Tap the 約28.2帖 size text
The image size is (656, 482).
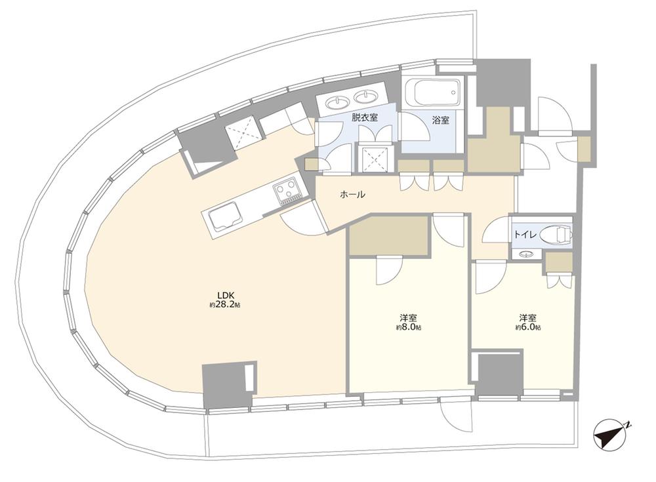click(x=225, y=306)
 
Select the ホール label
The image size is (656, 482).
click(x=353, y=195)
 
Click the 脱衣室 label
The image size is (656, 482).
click(x=364, y=117)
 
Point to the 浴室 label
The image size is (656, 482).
click(x=441, y=120)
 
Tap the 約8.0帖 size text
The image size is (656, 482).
click(x=409, y=327)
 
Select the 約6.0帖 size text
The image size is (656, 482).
click(x=527, y=327)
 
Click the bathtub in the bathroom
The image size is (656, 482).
click(x=433, y=93)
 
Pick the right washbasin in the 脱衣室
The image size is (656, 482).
click(x=365, y=96)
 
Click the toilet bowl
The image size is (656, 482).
click(x=556, y=235)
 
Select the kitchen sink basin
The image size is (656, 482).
click(x=225, y=217)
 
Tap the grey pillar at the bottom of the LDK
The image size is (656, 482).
click(x=229, y=385)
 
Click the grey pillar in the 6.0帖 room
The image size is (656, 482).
click(x=499, y=372)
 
